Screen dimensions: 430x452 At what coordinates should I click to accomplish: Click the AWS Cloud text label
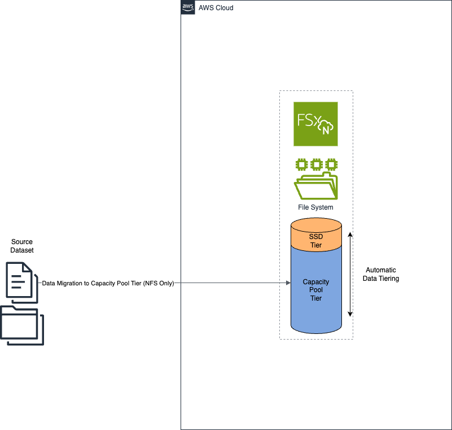(x=216, y=8)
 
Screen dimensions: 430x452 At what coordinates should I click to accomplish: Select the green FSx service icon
(x=315, y=124)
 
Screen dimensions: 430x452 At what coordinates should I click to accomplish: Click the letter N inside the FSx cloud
(x=326, y=131)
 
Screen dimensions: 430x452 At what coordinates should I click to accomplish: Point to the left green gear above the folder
(x=302, y=165)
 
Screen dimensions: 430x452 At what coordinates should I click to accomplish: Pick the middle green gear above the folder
(x=316, y=165)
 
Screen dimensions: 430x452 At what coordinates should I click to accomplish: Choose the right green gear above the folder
(x=331, y=165)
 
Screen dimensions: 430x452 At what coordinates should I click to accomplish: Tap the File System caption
(x=315, y=207)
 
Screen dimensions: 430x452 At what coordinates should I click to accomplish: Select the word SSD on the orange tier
(x=316, y=236)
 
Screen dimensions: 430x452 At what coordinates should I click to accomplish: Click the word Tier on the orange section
(x=316, y=246)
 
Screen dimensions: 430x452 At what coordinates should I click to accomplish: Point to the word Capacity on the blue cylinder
(x=316, y=281)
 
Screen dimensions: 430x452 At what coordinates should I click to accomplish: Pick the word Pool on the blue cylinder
(x=316, y=290)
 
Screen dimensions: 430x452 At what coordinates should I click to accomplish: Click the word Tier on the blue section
(x=316, y=298)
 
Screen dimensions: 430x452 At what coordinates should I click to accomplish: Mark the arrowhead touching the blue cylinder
(x=288, y=283)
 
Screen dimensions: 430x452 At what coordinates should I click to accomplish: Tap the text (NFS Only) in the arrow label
(x=159, y=284)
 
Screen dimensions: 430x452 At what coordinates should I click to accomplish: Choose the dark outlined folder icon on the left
(x=21, y=327)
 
